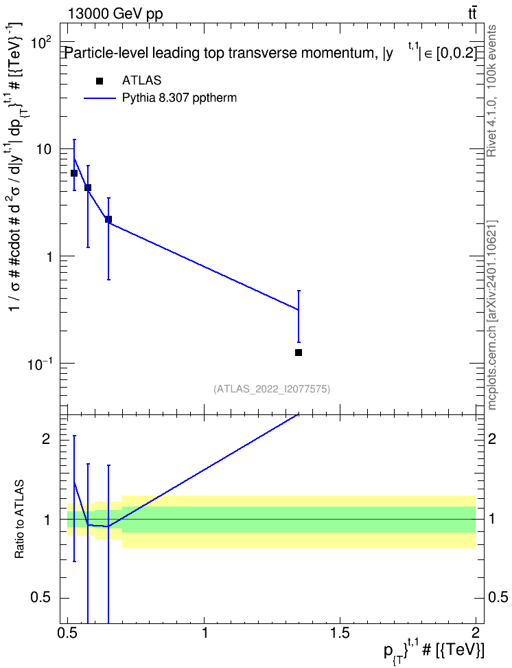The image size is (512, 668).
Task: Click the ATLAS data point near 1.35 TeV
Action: [299, 353]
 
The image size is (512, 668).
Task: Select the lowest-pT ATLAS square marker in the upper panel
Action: [74, 173]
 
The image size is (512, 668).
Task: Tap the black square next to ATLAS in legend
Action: [100, 80]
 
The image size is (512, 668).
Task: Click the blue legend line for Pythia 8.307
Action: [100, 98]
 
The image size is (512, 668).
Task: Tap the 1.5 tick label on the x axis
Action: [340, 633]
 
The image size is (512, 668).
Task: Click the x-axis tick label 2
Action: [476, 633]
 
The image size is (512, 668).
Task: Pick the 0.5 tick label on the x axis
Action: [68, 633]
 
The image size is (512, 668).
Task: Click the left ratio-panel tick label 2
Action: [46, 439]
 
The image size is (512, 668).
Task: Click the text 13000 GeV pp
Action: [115, 14]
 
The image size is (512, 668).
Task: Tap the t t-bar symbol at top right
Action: [472, 14]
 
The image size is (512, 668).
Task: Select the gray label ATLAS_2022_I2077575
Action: [272, 389]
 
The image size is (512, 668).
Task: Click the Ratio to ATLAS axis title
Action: [19, 520]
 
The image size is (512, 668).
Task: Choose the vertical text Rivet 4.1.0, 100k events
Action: [491, 91]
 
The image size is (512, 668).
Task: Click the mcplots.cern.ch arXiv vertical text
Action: [492, 315]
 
